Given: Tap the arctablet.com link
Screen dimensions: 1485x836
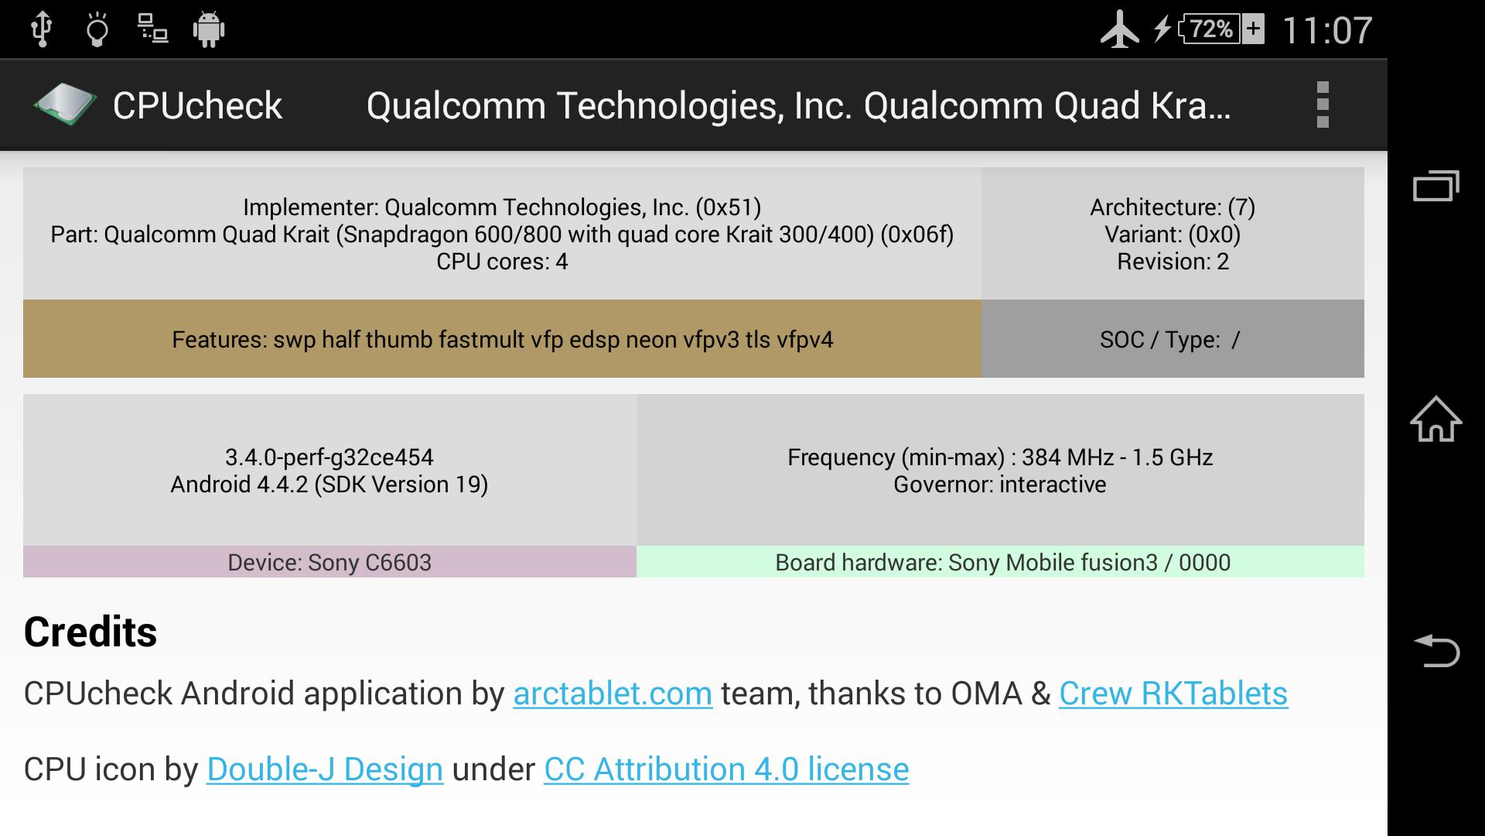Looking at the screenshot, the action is pos(613,694).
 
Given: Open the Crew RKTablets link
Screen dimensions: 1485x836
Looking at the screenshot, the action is pos(1173,694).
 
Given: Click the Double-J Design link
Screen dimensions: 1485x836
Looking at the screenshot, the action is pos(325,769).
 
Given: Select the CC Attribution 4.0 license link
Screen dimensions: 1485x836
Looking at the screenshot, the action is pos(726,769).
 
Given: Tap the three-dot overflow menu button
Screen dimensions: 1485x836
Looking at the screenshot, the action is pos(1323,104).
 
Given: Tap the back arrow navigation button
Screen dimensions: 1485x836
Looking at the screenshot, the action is pos(1436,650).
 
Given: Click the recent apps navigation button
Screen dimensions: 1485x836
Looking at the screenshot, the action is pos(1436,186).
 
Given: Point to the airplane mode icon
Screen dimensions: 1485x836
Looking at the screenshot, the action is pos(1119,30).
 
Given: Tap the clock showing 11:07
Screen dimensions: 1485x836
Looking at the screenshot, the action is pos(1327,31).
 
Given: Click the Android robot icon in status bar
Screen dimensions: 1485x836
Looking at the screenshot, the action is pos(208,30).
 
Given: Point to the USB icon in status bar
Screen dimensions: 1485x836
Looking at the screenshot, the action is pos(42,29).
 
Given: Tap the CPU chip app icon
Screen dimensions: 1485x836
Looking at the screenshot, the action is pos(65,104).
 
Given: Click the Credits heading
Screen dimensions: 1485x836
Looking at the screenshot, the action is pos(90,632).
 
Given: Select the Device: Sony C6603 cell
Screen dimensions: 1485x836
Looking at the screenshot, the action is pos(329,562).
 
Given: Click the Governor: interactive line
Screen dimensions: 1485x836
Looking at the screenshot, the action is pos(1000,485).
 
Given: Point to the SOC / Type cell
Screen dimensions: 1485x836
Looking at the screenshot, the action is pos(1173,339).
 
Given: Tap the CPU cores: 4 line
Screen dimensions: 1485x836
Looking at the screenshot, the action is pos(502,262).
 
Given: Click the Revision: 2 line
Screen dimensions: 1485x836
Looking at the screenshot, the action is pos(1173,262).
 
